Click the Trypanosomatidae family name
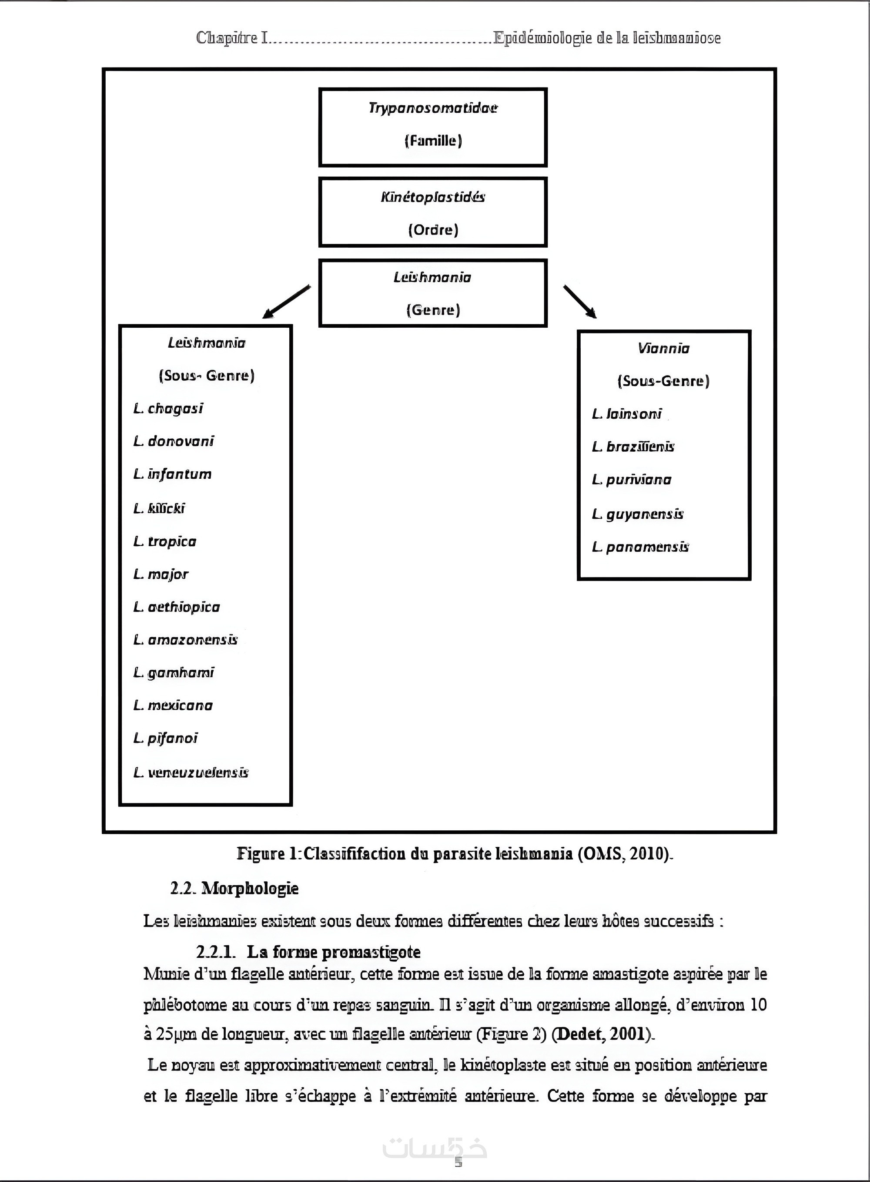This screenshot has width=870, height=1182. coord(432,108)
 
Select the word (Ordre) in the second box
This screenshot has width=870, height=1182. coord(433,230)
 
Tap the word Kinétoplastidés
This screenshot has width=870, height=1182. coord(432,198)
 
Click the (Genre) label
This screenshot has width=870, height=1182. coord(433,310)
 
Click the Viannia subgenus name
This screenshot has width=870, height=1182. coord(663,348)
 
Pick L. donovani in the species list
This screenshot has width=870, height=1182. coord(174,441)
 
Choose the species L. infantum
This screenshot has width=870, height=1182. coord(173,474)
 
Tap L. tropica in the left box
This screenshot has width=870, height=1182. coord(165,541)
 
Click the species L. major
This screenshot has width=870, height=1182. coord(161,574)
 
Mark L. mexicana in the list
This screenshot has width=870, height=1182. coord(173,705)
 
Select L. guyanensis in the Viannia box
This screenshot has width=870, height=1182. coord(638,514)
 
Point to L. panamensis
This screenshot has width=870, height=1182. coord(640,547)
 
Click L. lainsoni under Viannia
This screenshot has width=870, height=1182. coord(627,414)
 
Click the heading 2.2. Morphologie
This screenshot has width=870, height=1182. coord(234,888)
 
